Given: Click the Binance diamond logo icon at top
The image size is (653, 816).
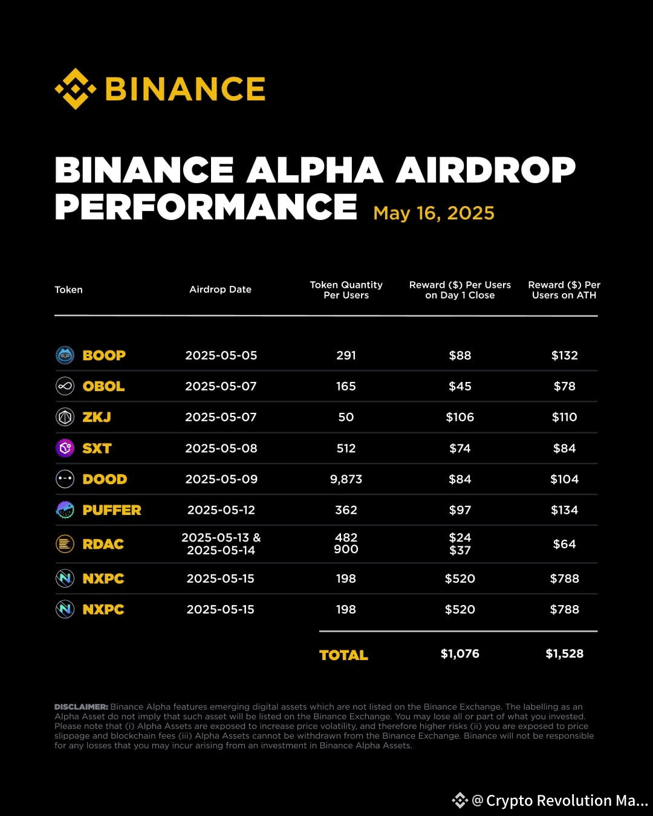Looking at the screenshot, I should click(x=76, y=89).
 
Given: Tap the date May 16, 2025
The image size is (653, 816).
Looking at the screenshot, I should click(x=434, y=213).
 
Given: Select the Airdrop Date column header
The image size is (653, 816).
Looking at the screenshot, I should click(x=220, y=290).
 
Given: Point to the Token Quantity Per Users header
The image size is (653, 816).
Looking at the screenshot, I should click(x=346, y=290).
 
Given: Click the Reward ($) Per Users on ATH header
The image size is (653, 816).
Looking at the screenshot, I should click(x=564, y=290).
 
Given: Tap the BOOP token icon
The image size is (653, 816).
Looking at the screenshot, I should click(x=65, y=355).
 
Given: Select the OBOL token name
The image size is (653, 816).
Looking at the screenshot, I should click(x=103, y=386).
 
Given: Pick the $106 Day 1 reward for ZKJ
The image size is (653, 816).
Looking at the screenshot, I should click(x=460, y=417).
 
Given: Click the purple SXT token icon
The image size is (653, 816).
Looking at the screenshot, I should click(x=65, y=448).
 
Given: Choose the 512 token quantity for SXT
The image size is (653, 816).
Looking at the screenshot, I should click(x=346, y=448).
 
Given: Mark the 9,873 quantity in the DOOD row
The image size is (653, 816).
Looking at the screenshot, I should click(x=346, y=479).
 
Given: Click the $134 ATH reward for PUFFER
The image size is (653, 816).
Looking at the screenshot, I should click(x=564, y=510).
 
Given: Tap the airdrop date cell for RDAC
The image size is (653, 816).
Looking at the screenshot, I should click(x=221, y=544).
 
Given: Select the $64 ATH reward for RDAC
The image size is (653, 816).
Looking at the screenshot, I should click(x=564, y=544).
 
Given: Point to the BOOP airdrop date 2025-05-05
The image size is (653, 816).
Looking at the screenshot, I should click(x=221, y=355).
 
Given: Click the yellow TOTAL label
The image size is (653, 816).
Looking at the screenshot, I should click(x=343, y=655).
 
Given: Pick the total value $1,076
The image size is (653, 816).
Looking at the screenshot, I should click(x=460, y=653).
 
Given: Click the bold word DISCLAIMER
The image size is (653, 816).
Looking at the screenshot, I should click(x=81, y=707).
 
